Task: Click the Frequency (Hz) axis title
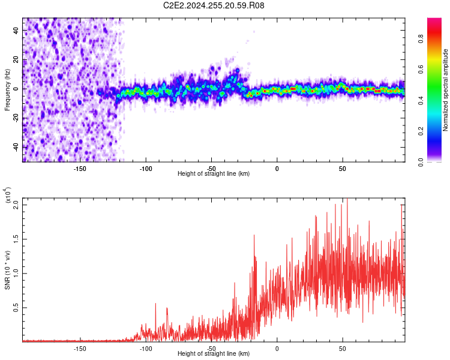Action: pyautogui.click(x=7, y=90)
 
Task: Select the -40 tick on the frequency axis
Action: pyautogui.click(x=16, y=146)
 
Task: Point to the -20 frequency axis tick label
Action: pyautogui.click(x=16, y=118)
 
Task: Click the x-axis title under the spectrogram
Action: pyautogui.click(x=214, y=174)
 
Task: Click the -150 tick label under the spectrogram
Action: pyautogui.click(x=80, y=168)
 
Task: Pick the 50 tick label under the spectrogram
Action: pyautogui.click(x=342, y=168)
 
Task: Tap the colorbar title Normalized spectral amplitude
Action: pyautogui.click(x=446, y=90)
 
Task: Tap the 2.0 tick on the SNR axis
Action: pyautogui.click(x=16, y=204)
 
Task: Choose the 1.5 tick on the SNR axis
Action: pyautogui.click(x=16, y=238)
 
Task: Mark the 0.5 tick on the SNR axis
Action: pyautogui.click(x=16, y=307)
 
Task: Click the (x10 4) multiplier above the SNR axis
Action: pyautogui.click(x=8, y=195)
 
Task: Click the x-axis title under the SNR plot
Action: pyautogui.click(x=214, y=354)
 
